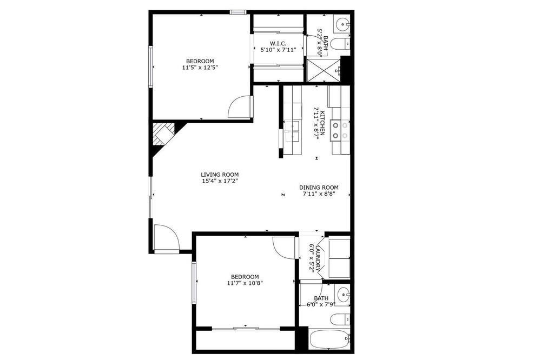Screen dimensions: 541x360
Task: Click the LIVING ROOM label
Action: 220,175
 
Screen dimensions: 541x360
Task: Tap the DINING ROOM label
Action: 319,188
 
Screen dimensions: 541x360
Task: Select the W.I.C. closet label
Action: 278,43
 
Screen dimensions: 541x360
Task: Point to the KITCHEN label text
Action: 322,123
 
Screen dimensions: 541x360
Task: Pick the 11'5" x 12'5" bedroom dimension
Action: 200,68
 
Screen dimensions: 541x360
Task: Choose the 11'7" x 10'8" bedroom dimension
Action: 245,283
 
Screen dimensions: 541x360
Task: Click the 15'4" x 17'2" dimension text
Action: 220,181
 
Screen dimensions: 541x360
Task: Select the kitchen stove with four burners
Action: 340,131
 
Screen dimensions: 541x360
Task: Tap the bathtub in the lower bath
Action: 330,339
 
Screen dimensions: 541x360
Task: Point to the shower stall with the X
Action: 324,71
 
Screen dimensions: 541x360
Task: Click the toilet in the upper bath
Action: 340,44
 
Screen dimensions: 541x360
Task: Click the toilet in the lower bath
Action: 340,319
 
